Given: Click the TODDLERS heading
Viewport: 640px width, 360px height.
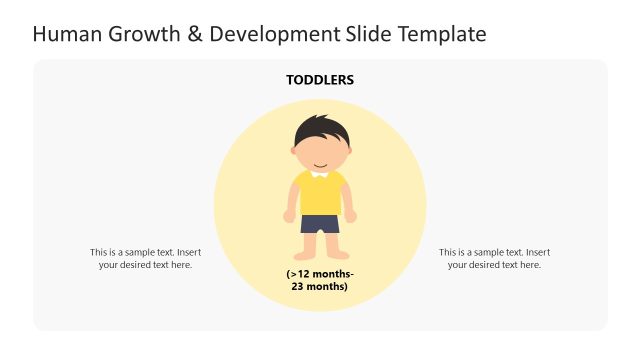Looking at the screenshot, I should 320,80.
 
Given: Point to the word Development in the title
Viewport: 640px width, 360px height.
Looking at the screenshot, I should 276,35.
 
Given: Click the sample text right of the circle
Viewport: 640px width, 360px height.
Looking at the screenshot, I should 494,258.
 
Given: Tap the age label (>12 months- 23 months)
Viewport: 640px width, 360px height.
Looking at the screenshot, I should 320,280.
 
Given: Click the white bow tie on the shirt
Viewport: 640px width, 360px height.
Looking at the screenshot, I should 320,174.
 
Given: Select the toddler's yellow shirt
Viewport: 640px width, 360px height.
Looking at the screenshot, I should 320,194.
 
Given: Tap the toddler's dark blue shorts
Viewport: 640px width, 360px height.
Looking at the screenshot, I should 320,223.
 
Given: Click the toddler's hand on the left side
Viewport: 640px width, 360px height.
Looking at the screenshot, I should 289,216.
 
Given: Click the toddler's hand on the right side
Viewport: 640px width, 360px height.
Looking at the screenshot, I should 351,216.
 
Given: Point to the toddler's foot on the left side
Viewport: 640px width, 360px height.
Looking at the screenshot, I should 307,255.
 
